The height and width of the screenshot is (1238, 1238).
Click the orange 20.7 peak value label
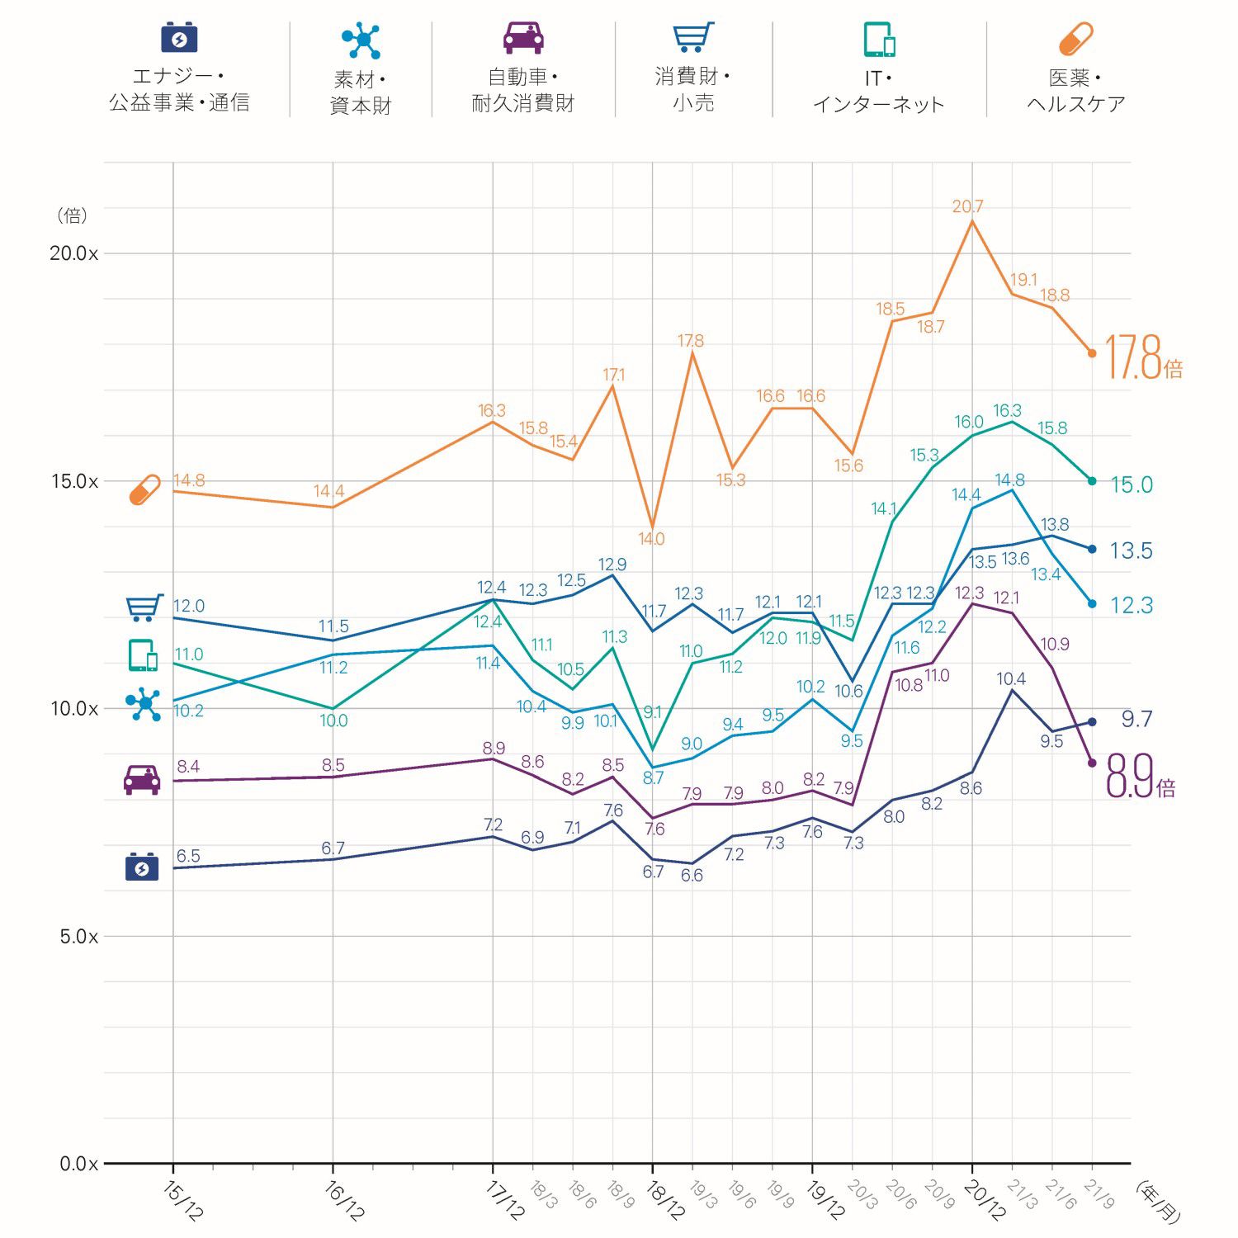967,206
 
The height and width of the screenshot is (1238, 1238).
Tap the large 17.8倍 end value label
1143,358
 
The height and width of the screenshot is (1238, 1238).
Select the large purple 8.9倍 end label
1140,777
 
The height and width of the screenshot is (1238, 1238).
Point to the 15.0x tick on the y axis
74,481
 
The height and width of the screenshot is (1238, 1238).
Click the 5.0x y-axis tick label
78,937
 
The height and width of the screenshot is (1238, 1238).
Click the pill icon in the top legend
1075,39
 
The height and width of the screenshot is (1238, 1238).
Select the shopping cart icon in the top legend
692,38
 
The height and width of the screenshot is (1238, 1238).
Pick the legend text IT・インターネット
878,92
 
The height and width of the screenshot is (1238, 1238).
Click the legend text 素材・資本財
361,92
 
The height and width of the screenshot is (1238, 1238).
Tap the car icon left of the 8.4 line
142,779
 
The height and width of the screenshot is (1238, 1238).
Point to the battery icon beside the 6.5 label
142,867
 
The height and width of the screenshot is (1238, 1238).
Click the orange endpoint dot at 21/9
1092,353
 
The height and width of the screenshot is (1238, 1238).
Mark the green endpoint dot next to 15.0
1092,481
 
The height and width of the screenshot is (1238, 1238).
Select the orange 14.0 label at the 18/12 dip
651,539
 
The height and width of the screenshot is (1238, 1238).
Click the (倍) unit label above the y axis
72,215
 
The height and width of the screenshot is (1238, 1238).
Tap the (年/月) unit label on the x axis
1158,1202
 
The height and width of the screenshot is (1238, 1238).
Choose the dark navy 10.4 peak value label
1011,678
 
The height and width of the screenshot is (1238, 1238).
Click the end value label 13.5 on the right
1131,550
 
